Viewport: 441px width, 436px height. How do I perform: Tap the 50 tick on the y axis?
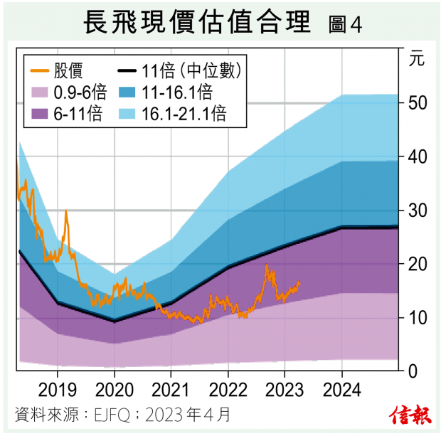coord(418,103)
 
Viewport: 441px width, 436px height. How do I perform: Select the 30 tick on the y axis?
coord(418,211)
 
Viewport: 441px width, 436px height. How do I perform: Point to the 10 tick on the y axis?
coord(418,317)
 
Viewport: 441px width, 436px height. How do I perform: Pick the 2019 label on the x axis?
coord(57,390)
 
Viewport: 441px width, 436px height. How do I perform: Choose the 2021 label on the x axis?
coord(171,390)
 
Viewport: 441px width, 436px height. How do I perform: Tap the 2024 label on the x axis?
coord(341,390)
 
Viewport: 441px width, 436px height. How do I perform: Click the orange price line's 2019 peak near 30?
coord(66,211)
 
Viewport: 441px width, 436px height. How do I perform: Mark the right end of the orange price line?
coord(299,282)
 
